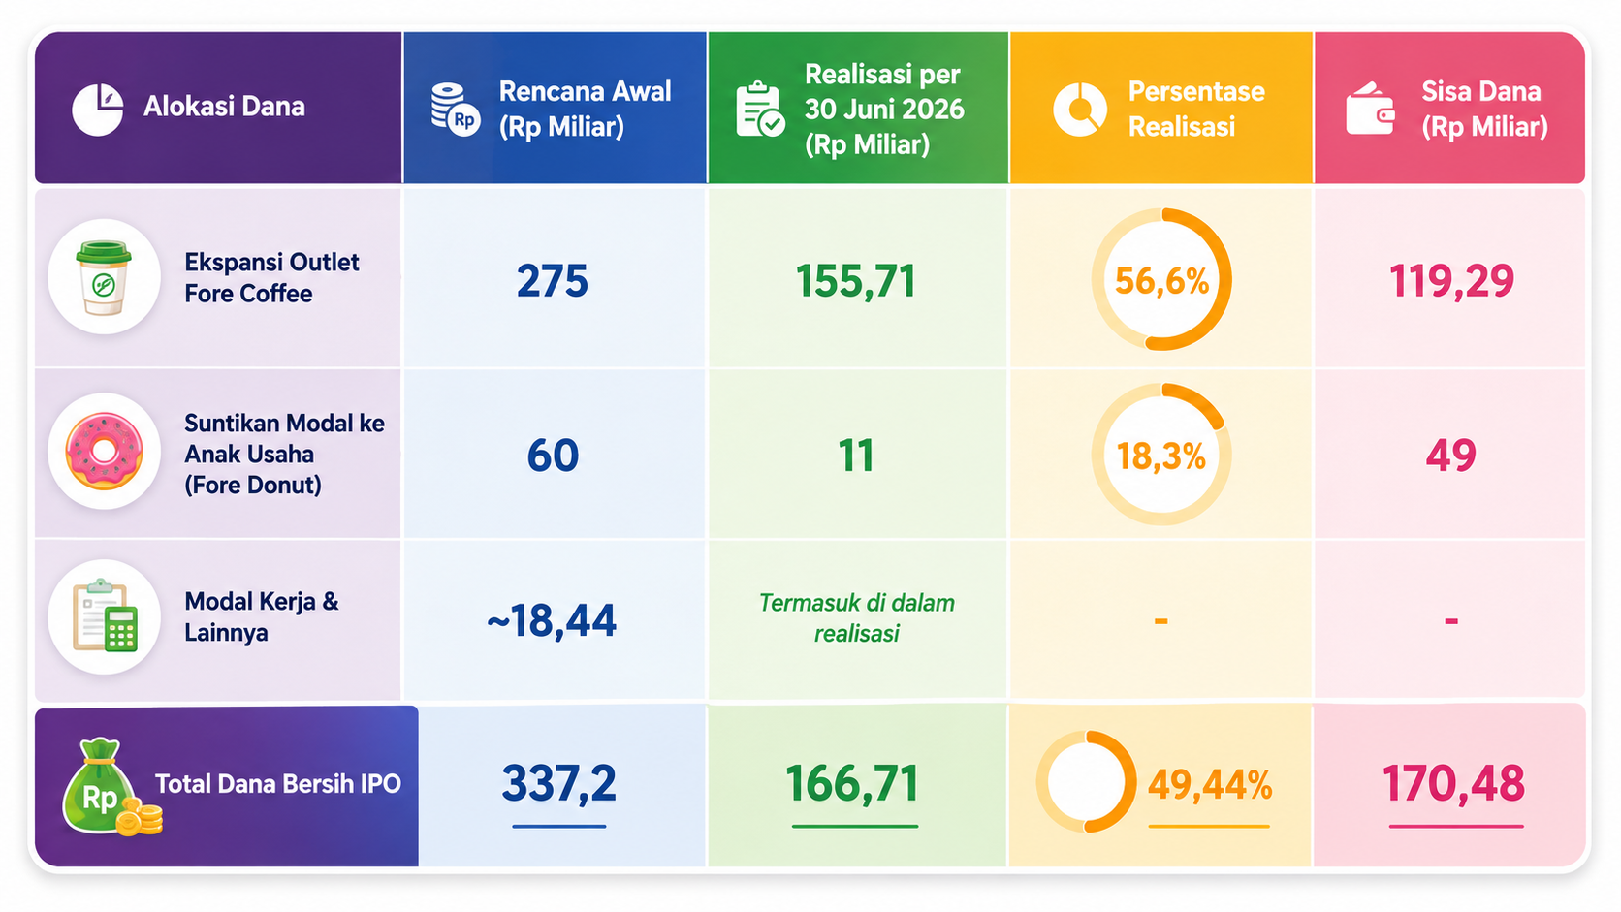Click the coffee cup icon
pos(104,278)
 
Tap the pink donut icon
pos(104,452)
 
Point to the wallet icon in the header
pos(1369,110)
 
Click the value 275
pos(553,281)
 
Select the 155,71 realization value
pos(855,281)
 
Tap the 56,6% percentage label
pos(1161,281)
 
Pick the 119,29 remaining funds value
pos(1451,281)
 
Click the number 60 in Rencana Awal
pos(553,456)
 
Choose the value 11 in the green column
pos(856,456)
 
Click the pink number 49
pos(1451,456)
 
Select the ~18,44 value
pos(552,620)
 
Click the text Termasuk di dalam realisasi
pos(857,617)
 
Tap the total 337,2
pos(558,784)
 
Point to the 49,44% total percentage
pos(1209,785)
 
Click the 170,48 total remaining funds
pos(1453,783)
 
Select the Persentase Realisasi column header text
pos(1196,110)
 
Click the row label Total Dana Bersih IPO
pos(278,784)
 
